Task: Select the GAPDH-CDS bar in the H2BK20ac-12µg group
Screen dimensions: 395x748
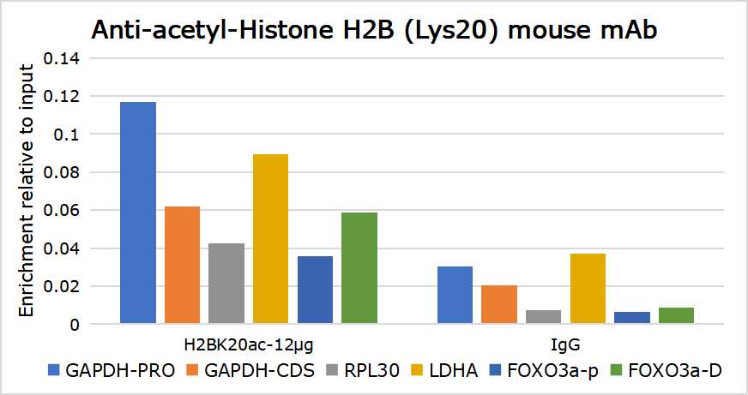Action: (182, 265)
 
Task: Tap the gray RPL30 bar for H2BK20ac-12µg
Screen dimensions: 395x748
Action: (226, 284)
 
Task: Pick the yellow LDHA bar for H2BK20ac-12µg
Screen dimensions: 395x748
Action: (270, 239)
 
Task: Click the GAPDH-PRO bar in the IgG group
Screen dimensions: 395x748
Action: (455, 296)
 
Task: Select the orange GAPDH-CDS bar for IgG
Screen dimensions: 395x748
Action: (499, 305)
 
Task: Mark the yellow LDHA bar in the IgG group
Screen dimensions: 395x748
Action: (588, 289)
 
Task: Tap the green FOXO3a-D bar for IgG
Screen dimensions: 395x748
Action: (676, 315)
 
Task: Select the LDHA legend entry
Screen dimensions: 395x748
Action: (457, 371)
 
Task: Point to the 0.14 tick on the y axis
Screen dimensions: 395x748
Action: (65, 59)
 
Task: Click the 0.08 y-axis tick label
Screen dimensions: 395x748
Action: (65, 172)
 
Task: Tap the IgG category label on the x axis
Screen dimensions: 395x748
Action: (566, 344)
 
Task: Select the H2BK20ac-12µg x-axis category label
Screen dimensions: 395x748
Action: (249, 344)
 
